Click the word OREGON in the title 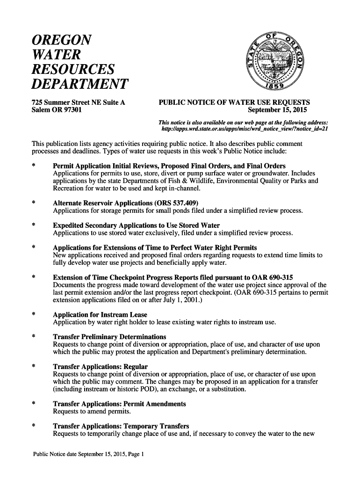(62, 39)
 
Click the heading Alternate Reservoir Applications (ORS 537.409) (126, 203)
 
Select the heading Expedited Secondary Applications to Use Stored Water (137, 225)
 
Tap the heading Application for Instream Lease (100, 314)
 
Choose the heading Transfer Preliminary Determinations (110, 337)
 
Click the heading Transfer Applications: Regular (101, 367)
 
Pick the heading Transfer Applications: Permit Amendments (120, 404)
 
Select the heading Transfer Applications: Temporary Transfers (121, 426)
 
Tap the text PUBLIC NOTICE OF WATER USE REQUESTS (235, 102)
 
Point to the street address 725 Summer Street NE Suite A (78, 102)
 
